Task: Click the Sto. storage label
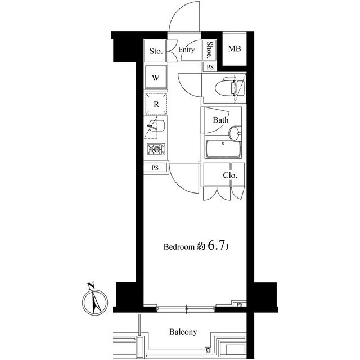point(156,51)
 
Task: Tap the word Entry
point(186,50)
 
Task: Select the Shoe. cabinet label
point(209,49)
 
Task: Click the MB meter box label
point(235,48)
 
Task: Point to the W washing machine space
point(156,77)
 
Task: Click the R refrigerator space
point(156,103)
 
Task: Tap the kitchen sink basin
point(157,125)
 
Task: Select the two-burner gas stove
point(156,149)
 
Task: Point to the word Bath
point(220,120)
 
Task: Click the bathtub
point(223,149)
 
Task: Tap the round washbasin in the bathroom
point(235,133)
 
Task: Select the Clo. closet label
point(230,175)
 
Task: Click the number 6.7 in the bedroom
point(216,246)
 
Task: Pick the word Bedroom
point(179,247)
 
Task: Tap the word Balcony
point(183,332)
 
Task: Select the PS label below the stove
point(155,168)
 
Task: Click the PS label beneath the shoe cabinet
point(210,67)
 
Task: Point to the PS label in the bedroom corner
point(240,305)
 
